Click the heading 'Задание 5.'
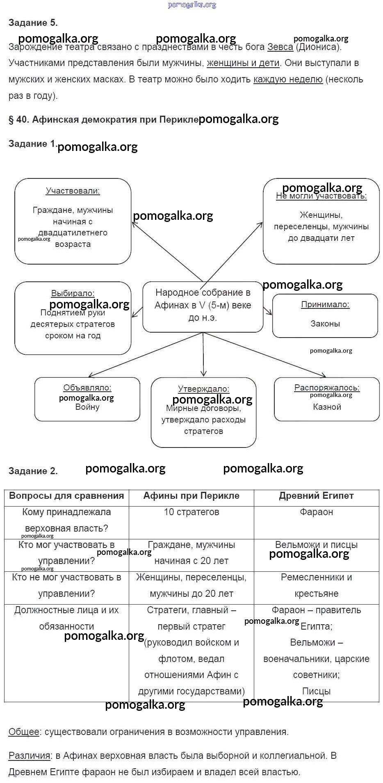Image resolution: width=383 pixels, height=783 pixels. tap(33, 23)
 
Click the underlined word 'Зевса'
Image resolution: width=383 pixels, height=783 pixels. tap(280, 47)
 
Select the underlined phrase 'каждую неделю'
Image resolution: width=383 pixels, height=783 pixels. tap(288, 80)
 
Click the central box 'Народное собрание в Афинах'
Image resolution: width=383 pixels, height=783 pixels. tap(203, 306)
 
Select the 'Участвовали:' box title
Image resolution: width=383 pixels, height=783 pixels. tap(73, 191)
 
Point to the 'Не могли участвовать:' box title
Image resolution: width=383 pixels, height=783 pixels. tap(321, 196)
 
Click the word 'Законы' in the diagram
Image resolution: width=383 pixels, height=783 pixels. tap(325, 324)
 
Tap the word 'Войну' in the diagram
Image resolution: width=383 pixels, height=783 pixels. tap(87, 407)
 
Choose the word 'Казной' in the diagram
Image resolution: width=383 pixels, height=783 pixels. tap(327, 407)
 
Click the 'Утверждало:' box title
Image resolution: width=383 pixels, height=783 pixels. tap(203, 389)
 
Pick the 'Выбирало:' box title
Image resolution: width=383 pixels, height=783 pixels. tap(73, 293)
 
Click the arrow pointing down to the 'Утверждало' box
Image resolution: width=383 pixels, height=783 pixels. tap(203, 355)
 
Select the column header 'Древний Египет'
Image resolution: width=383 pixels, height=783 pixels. tap(316, 496)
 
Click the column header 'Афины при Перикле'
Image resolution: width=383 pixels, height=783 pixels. tap(191, 496)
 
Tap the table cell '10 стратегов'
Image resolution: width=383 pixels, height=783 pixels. tap(191, 512)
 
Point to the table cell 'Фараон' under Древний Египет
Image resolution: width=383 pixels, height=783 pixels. tap(316, 512)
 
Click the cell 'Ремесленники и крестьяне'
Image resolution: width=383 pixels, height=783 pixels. tap(316, 586)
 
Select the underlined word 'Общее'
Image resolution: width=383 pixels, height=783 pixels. tap(24, 732)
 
